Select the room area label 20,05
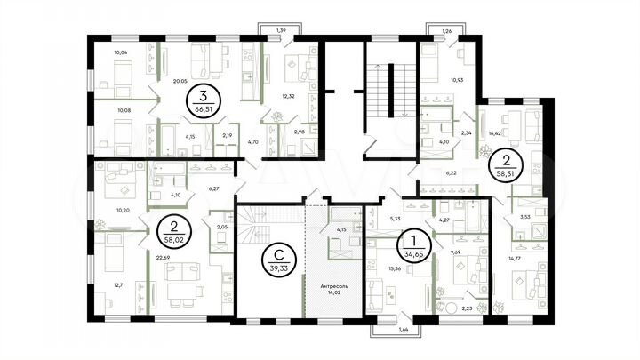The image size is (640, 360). point(180,80)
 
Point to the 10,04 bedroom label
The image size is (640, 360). point(122,52)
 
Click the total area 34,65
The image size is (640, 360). point(412,254)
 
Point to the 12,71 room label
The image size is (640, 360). point(120,285)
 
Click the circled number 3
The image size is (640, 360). point(204,96)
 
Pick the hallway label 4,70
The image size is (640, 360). point(252,141)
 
